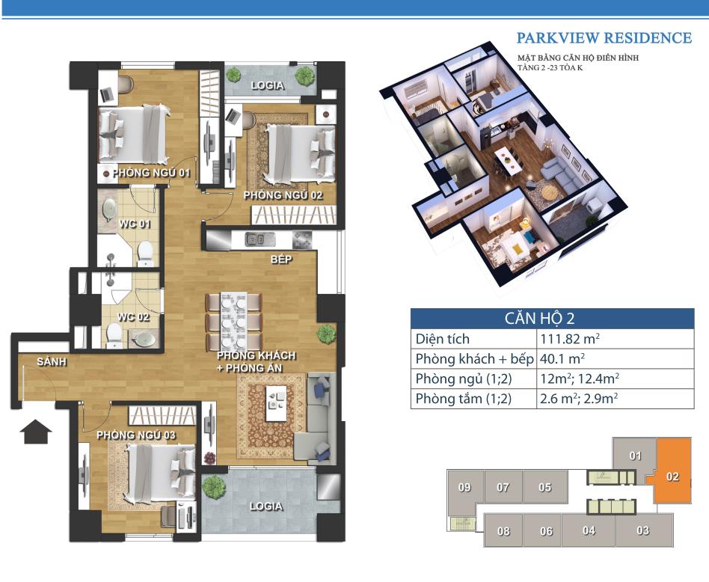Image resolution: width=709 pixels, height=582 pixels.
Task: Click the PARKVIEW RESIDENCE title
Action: [x=604, y=38]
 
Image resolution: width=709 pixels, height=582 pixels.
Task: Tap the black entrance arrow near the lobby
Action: [x=36, y=432]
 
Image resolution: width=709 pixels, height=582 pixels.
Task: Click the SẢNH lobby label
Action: [x=52, y=362]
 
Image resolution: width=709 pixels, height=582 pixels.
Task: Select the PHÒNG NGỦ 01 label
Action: [x=152, y=173]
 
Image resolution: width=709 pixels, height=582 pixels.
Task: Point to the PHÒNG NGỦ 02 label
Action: [x=283, y=195]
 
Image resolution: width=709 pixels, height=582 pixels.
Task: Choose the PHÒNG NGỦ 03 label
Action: [x=136, y=435]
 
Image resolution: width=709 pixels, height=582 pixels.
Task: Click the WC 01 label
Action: [x=135, y=224]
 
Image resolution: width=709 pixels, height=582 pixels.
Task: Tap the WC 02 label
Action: [x=133, y=317]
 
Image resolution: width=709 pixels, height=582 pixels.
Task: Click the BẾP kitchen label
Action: [x=281, y=259]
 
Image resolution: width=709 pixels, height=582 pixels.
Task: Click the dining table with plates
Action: [x=234, y=321]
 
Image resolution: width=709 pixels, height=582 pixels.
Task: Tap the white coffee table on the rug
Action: [x=276, y=403]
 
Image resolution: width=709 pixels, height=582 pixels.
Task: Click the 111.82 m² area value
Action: [x=570, y=339]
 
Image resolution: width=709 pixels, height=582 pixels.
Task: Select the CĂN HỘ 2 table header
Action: [x=539, y=319]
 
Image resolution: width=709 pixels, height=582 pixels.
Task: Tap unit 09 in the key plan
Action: [x=465, y=488]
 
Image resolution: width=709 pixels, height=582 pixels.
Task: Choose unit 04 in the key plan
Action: [x=589, y=530]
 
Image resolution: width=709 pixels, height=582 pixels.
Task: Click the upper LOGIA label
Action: [x=267, y=85]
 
